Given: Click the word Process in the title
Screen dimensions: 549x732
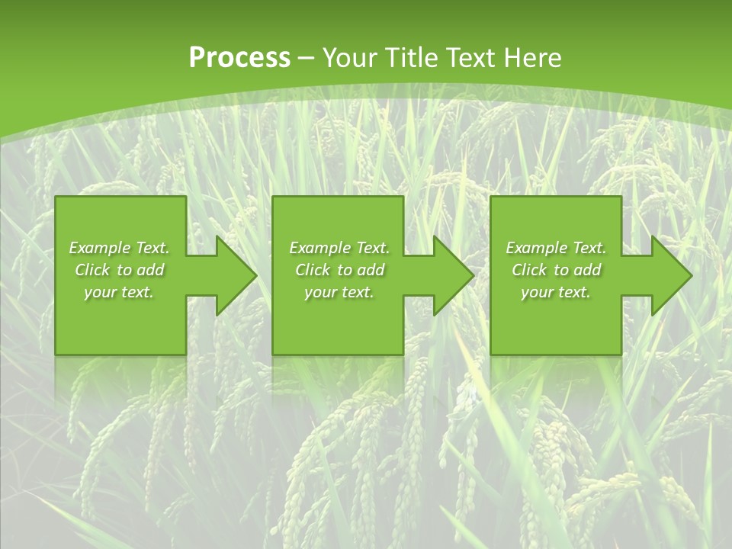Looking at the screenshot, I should [239, 58].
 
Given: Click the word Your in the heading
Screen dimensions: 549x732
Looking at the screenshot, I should [350, 58].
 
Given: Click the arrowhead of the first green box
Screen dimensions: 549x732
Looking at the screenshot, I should [233, 275].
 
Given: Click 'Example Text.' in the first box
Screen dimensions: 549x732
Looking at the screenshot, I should [120, 248].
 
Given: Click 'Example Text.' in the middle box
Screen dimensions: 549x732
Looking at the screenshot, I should [339, 248].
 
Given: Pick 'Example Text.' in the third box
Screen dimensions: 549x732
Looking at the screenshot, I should [556, 248].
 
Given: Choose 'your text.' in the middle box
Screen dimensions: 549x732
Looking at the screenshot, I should [339, 292].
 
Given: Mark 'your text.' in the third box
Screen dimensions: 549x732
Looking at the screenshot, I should [555, 292].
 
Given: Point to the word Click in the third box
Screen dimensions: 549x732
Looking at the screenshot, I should [530, 270].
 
